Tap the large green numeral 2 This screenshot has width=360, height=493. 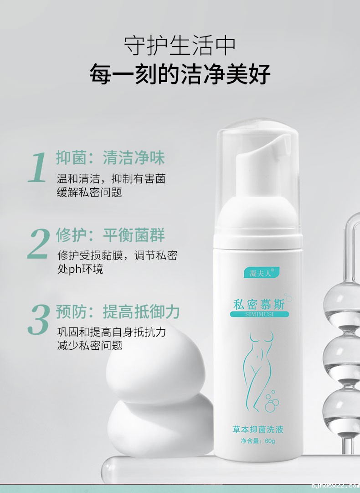point(38,244)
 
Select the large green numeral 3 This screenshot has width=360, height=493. point(38,320)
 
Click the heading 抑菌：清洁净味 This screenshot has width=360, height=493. point(110,157)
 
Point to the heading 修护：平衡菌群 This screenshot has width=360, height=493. point(110,235)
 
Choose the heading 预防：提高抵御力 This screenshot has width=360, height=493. point(118,312)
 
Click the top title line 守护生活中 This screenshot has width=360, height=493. point(180,46)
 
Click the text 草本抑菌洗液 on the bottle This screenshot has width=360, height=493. point(258,429)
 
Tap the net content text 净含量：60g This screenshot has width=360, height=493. point(258,441)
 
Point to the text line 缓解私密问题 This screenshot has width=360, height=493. point(89,192)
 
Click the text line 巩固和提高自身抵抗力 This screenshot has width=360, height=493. point(111,332)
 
